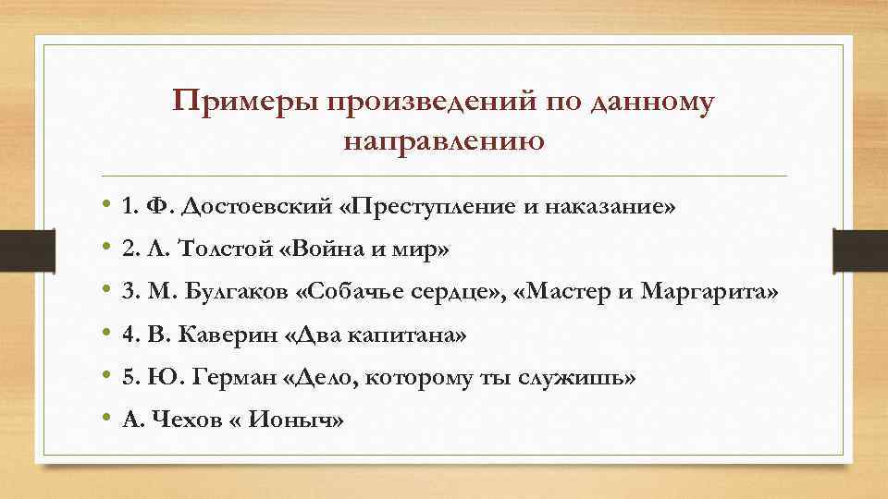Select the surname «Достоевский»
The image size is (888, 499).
256,206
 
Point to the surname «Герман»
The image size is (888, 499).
220,378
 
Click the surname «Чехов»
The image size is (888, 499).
179,420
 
